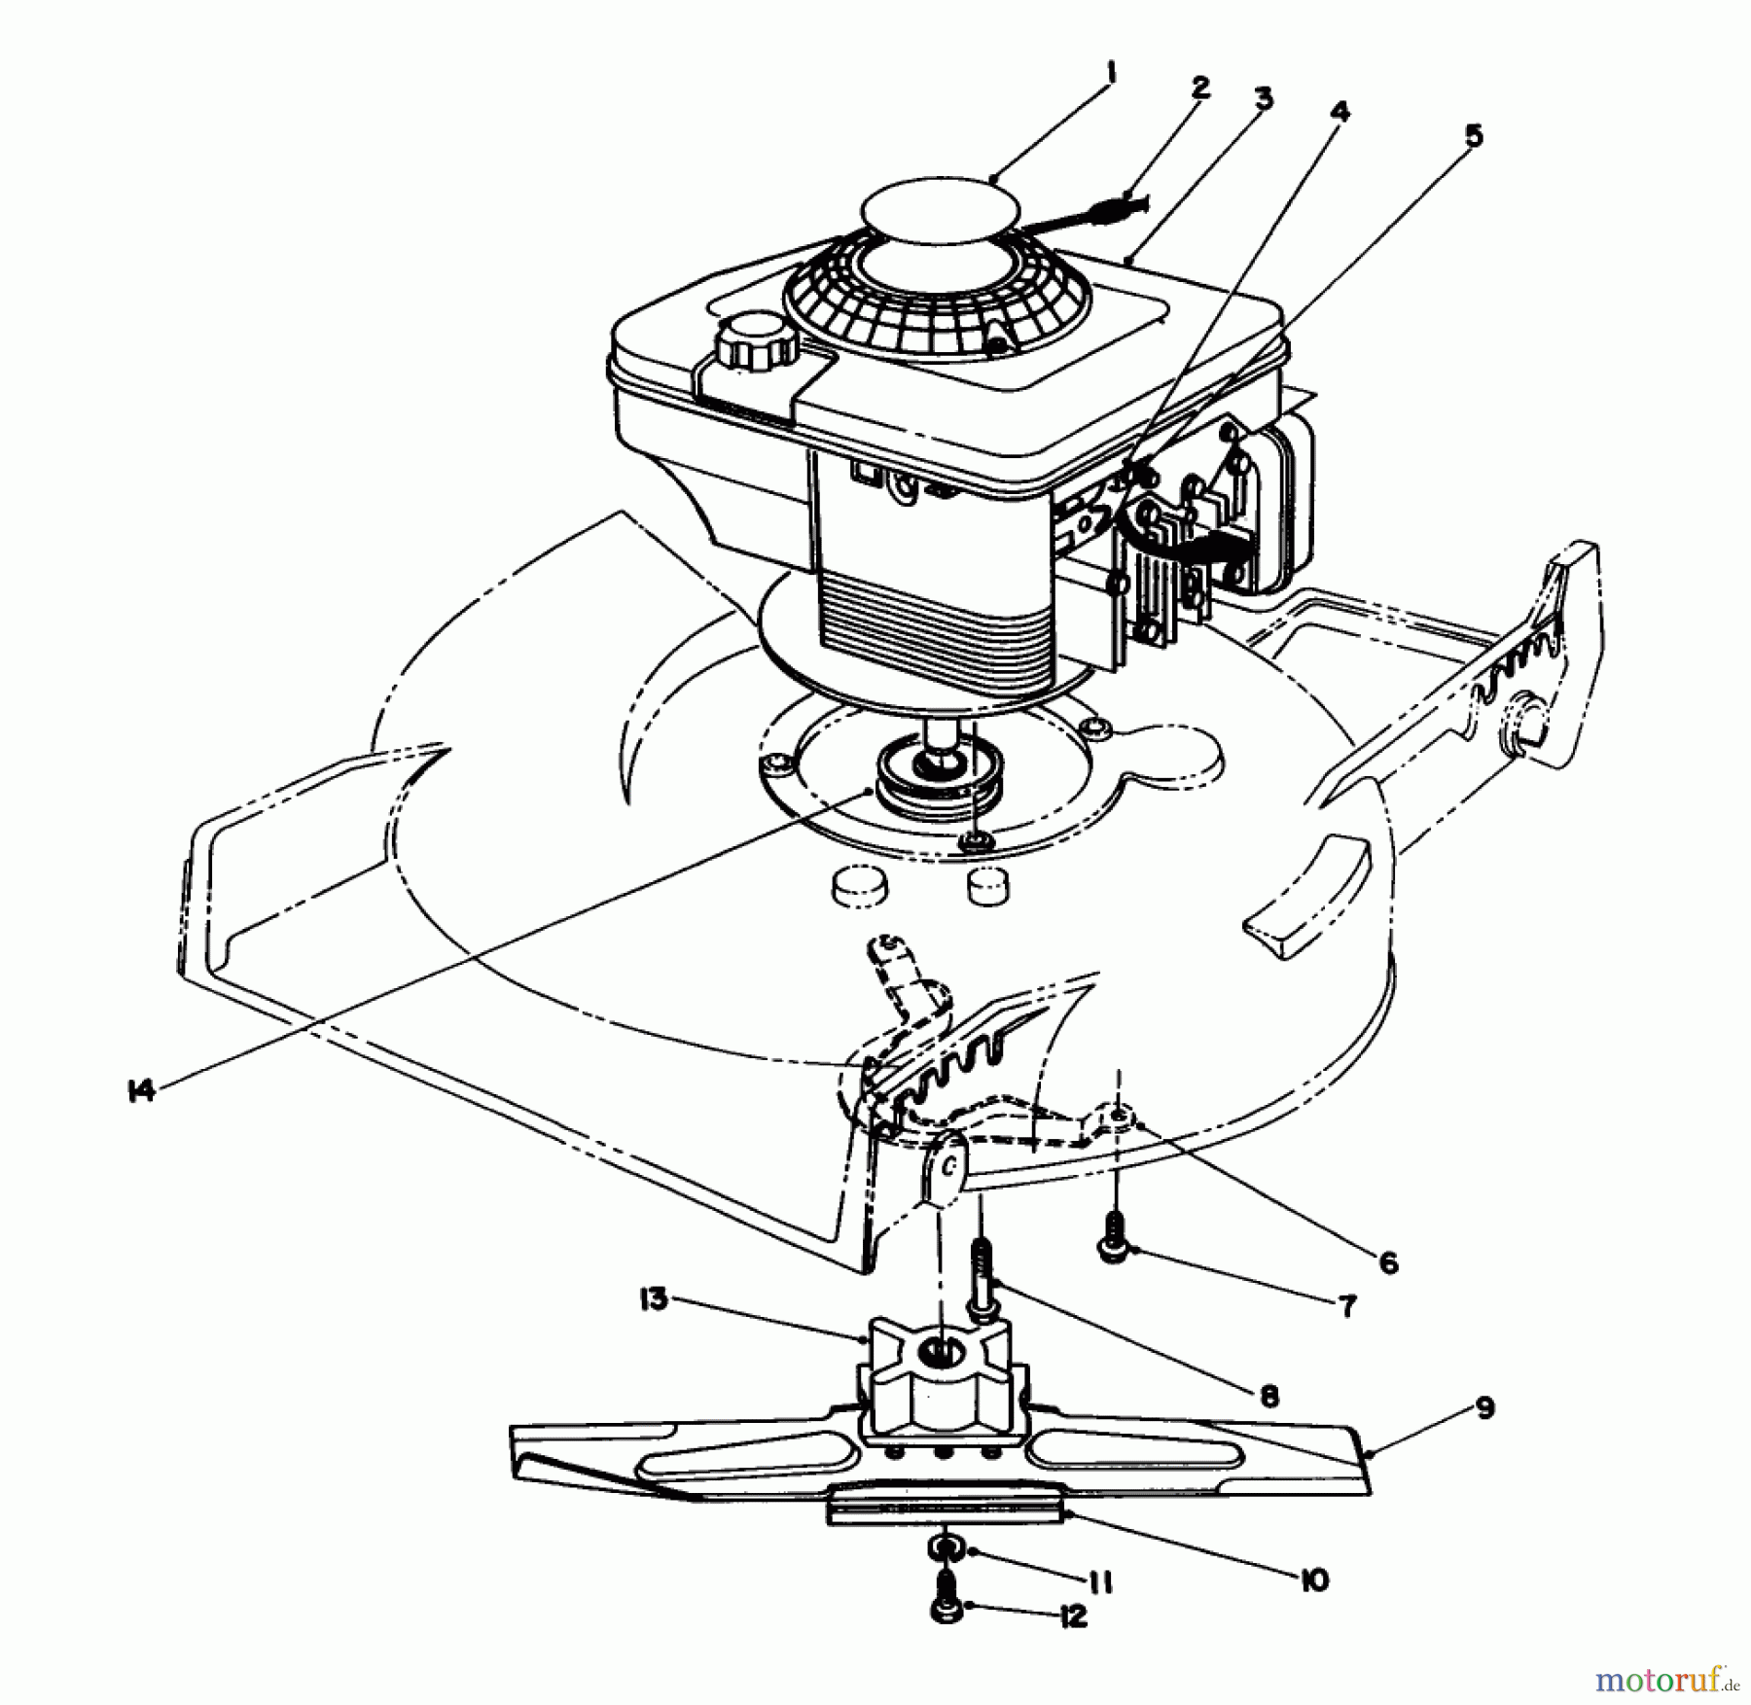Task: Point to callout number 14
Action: click(x=141, y=1091)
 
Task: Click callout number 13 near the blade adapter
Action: click(x=654, y=1299)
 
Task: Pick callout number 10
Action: click(x=1312, y=1581)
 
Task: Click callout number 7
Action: click(x=1347, y=1306)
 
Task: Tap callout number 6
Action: click(x=1388, y=1262)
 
